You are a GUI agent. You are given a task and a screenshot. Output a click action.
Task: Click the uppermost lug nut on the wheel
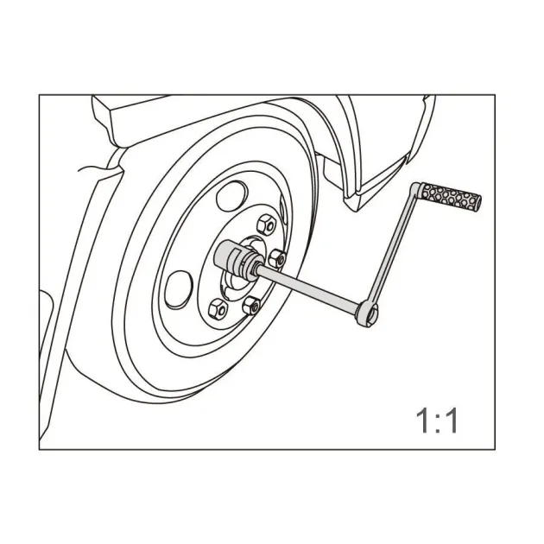pos(266,225)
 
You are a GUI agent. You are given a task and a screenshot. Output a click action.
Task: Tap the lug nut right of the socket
pos(277,259)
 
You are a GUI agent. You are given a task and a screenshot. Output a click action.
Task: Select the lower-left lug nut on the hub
pos(218,308)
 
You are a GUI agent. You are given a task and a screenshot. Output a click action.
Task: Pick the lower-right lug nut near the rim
pos(251,306)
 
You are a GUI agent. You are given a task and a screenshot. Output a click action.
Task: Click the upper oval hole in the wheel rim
pos(231,196)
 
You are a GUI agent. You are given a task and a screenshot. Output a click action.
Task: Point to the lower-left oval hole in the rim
pos(179,289)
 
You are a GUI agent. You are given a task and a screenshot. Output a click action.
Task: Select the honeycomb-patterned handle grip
pos(450,197)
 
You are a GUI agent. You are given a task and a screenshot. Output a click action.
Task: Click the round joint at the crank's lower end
pos(368,313)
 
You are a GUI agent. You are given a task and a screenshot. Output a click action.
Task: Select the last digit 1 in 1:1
pos(452,421)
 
